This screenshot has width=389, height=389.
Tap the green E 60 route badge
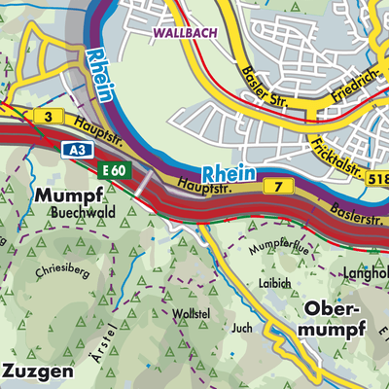coord(114,170)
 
